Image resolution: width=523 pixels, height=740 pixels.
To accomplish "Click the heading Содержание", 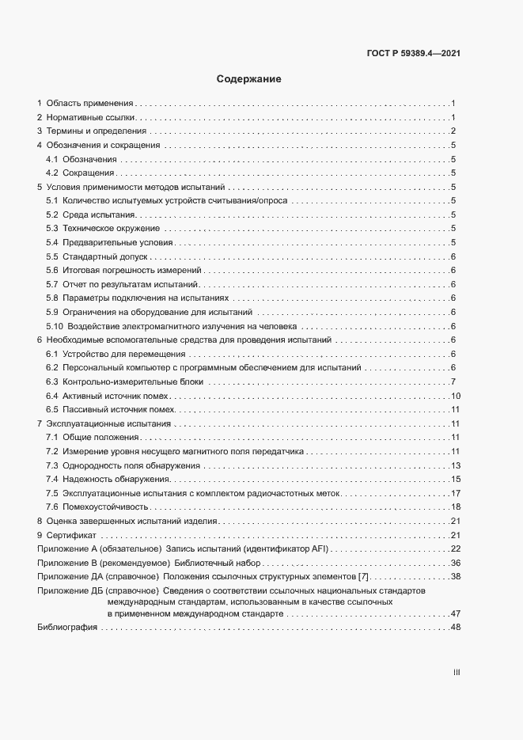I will point(249,79).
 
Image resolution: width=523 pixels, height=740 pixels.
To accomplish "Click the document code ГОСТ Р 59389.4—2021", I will point(415,53).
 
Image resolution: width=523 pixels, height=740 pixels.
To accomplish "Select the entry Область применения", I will point(89,104).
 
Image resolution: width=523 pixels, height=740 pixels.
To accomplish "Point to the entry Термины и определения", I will point(97,131).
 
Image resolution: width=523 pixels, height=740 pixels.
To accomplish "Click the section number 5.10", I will point(55,326).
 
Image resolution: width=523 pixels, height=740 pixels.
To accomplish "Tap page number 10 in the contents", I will point(455,395).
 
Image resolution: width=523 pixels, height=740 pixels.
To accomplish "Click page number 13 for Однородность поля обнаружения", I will point(455,465).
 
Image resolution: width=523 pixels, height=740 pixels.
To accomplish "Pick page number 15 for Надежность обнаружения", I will point(455,479).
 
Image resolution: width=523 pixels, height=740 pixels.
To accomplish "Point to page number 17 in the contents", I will point(455,493).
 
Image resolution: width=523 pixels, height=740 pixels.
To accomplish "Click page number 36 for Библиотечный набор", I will point(455,563).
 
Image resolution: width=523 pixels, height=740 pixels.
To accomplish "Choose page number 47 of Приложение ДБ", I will point(455,613).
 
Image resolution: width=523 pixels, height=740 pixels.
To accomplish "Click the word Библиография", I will point(67,627).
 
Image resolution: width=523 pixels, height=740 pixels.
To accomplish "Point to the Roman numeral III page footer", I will point(457,673).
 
